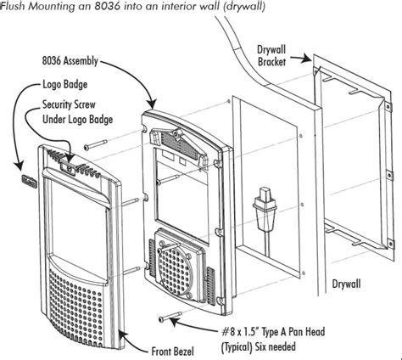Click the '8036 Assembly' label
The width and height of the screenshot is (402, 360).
pos(70,61)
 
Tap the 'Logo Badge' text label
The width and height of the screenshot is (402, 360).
pos(65,84)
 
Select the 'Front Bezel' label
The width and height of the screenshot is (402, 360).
pos(173,352)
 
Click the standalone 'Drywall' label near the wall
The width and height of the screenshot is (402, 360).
pos(346,284)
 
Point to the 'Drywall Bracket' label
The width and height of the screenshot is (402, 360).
pos(271,56)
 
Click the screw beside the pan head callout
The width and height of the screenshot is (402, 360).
pos(170,317)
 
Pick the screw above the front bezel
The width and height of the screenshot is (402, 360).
pos(95,144)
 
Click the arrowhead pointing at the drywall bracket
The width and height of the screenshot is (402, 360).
pos(308,59)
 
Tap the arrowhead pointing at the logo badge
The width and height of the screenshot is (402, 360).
pos(20,166)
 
